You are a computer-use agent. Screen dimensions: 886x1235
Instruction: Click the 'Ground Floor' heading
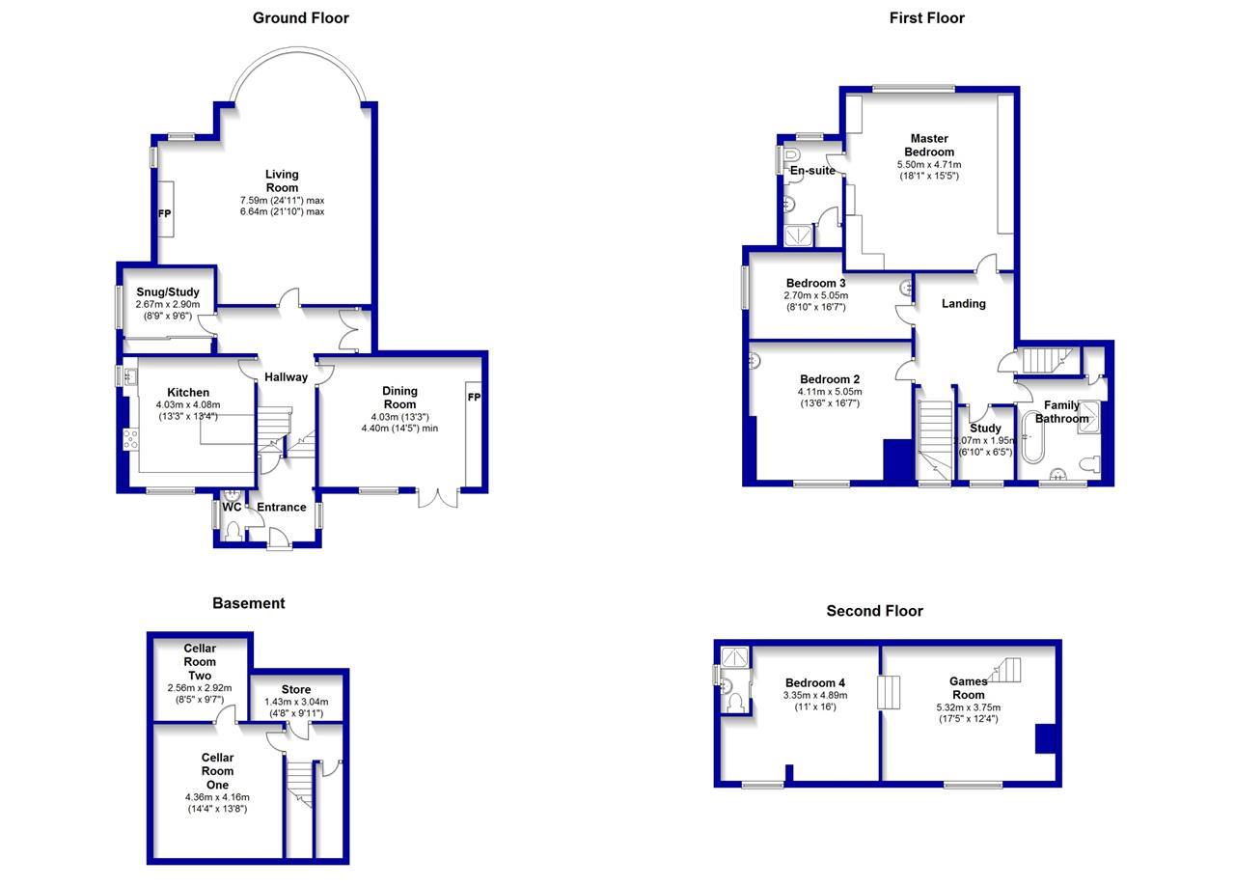300,17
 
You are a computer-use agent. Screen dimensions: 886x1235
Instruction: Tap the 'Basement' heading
248,603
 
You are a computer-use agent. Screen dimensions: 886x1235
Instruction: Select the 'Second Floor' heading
874,611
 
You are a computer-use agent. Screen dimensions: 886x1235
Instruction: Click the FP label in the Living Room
165,213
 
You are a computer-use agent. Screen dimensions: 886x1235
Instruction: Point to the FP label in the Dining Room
474,398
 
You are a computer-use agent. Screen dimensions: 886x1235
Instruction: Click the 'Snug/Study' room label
167,291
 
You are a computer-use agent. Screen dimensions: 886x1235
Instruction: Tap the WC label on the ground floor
232,507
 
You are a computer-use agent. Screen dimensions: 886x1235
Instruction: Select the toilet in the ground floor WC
232,530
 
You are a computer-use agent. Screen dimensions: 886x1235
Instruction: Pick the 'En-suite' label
812,171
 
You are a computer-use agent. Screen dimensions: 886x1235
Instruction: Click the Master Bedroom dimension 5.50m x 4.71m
928,165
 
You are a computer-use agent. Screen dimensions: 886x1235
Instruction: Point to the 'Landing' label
963,303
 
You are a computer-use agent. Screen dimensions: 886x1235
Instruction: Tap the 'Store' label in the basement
296,689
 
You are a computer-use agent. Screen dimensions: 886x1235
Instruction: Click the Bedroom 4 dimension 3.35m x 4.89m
815,695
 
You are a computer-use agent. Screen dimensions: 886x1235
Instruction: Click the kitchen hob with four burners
129,439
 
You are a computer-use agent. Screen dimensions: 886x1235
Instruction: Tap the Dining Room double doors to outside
438,497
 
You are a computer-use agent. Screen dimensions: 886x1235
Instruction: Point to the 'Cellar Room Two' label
200,662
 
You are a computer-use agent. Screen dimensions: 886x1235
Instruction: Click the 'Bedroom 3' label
815,283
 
